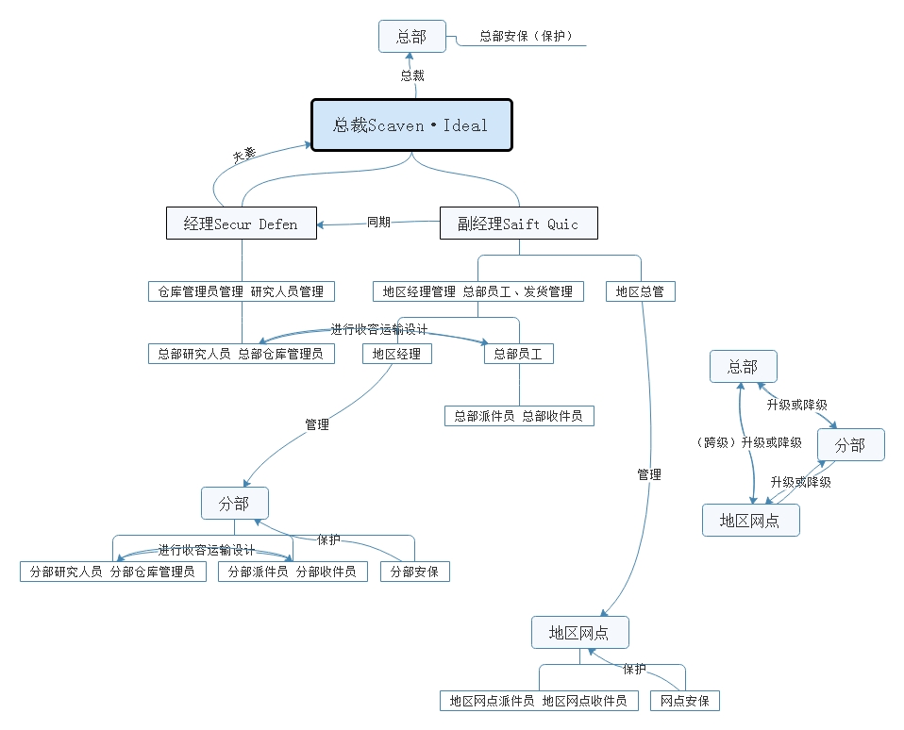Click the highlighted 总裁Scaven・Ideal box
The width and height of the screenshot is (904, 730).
click(x=411, y=124)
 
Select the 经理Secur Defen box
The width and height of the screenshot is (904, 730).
click(x=241, y=224)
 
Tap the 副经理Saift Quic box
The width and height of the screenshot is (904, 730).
click(x=518, y=224)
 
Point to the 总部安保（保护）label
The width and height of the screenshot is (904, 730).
click(x=526, y=37)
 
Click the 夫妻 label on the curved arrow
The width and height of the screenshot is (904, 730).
click(x=244, y=155)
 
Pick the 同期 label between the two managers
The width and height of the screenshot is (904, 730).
click(x=378, y=223)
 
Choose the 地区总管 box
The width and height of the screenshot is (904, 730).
click(x=640, y=291)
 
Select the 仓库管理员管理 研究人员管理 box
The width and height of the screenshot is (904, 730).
click(x=242, y=291)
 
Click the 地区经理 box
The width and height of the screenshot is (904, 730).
click(x=397, y=354)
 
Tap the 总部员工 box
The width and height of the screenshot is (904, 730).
click(x=518, y=354)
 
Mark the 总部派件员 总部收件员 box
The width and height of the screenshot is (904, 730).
click(x=518, y=416)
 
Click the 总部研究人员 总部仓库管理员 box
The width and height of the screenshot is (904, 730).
click(x=241, y=354)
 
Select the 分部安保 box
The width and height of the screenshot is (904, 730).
click(x=415, y=572)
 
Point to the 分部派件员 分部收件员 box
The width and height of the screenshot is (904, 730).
click(x=293, y=572)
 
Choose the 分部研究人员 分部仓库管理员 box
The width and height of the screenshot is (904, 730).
click(x=112, y=572)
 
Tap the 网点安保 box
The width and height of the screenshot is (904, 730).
click(x=685, y=701)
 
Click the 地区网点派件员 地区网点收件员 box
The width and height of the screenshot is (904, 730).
click(x=539, y=701)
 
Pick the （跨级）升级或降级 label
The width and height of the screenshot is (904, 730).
click(x=747, y=442)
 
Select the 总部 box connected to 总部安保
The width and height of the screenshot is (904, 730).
click(x=411, y=37)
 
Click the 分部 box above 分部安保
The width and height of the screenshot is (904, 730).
click(x=234, y=503)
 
